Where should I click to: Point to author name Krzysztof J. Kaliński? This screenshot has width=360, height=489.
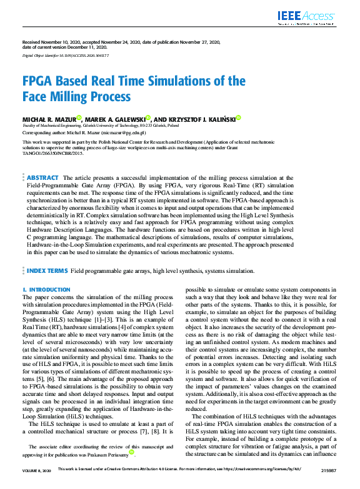coord(203,119)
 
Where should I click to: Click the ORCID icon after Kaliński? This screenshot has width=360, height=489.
coord(238,117)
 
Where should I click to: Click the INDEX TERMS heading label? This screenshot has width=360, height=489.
coord(47,271)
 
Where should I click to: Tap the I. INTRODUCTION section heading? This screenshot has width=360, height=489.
coord(46,290)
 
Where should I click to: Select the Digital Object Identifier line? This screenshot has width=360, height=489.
coord(69,56)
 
